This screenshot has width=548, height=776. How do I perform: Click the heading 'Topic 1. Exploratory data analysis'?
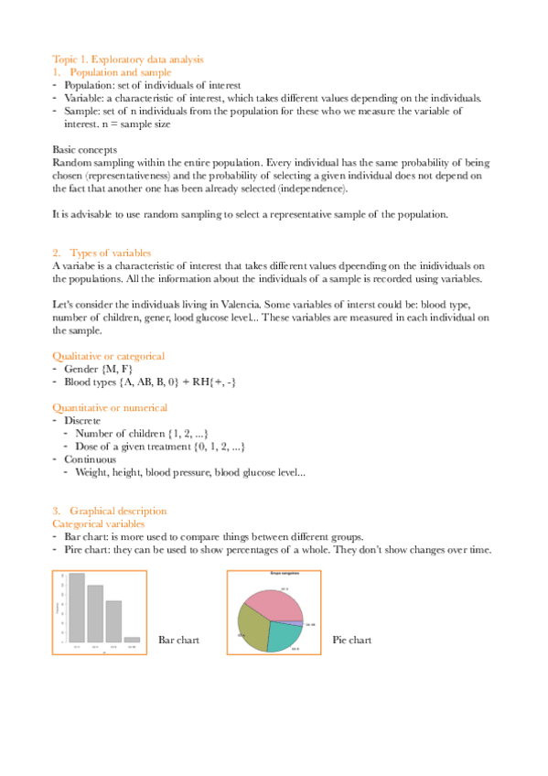(x=128, y=59)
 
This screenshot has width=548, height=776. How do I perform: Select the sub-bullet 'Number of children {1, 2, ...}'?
(x=145, y=433)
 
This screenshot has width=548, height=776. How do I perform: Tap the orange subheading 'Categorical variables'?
(x=99, y=523)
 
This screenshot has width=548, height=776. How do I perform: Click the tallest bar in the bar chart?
(x=77, y=608)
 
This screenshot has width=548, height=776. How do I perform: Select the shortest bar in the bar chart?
(x=133, y=639)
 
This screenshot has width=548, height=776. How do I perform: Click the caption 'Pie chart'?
(x=352, y=641)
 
